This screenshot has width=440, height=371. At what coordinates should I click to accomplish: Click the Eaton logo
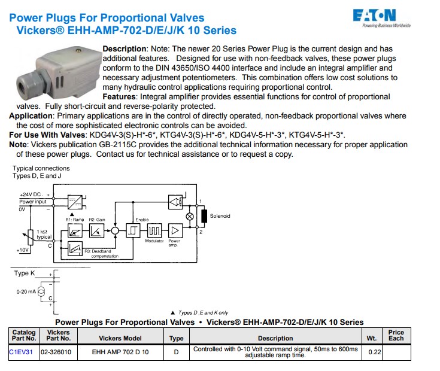(x=381, y=18)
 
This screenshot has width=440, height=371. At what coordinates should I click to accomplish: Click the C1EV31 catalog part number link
(x=21, y=352)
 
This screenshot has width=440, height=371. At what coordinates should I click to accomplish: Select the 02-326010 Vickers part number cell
(x=56, y=352)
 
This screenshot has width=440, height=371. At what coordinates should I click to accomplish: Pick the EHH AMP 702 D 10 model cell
(x=120, y=352)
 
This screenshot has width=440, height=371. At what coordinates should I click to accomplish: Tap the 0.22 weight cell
(x=375, y=352)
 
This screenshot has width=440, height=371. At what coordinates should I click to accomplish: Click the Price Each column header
(x=396, y=335)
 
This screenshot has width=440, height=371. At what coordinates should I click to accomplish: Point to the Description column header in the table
(x=275, y=338)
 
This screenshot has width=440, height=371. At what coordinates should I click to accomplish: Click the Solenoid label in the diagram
(x=220, y=216)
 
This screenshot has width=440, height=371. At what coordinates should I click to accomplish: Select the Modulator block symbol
(x=154, y=230)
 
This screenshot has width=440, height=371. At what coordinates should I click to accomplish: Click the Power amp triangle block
(x=175, y=230)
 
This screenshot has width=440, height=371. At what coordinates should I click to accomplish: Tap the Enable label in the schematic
(x=142, y=220)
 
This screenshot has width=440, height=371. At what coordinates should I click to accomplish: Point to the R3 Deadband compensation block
(x=75, y=248)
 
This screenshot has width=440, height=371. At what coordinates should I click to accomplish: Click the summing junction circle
(x=115, y=231)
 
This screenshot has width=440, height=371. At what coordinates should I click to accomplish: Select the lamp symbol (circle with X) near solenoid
(x=190, y=217)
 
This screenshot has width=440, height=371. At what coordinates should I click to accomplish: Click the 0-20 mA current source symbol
(x=41, y=291)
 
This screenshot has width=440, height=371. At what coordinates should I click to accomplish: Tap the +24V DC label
(x=31, y=194)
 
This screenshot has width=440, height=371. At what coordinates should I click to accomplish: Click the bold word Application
(x=31, y=116)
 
